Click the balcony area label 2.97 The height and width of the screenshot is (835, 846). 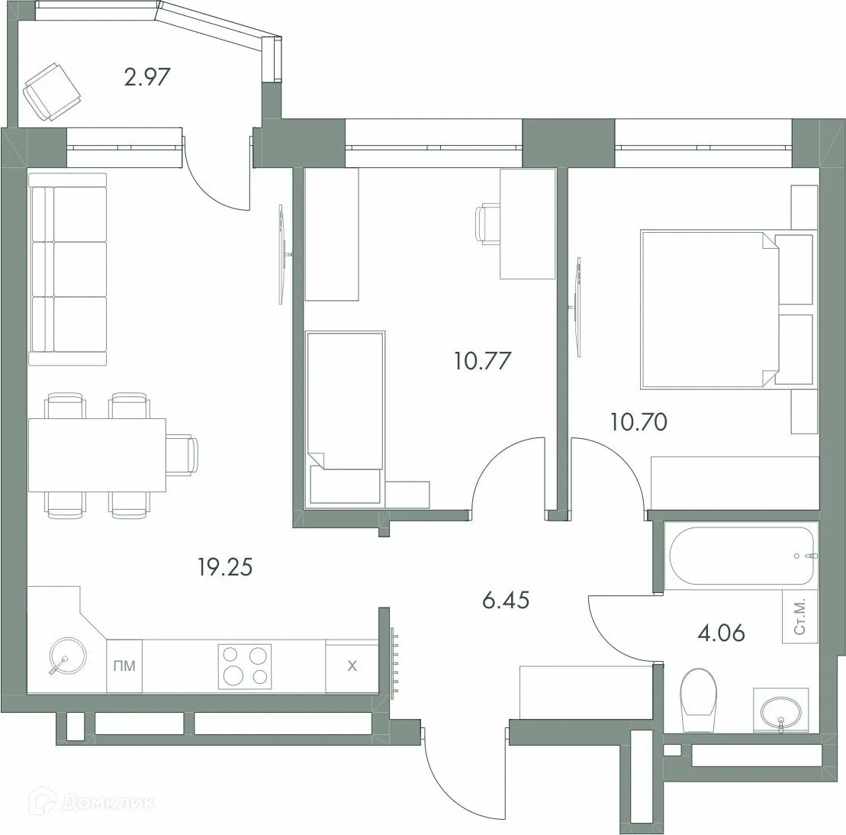tap(146, 77)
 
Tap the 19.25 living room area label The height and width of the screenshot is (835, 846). tap(224, 566)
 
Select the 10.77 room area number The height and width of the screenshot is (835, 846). tap(481, 359)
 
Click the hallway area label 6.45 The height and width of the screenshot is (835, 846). tap(505, 601)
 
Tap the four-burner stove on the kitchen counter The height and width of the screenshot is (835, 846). tap(245, 666)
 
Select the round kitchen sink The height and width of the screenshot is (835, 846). tap(65, 657)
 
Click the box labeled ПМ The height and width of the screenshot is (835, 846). tap(124, 666)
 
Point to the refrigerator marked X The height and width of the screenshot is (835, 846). tap(352, 666)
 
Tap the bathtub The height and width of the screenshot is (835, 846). tap(740, 556)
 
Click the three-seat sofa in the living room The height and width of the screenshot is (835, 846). tap(67, 269)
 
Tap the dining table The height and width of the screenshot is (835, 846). tap(97, 456)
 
